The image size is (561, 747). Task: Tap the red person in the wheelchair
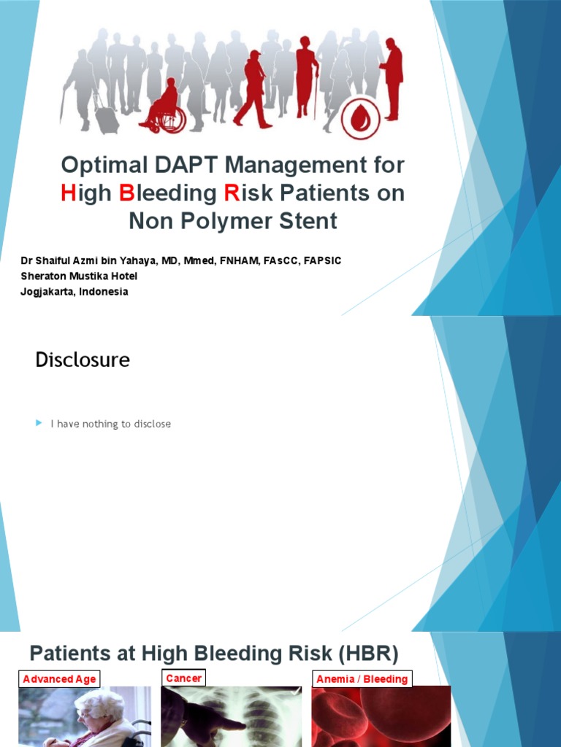tap(164, 107)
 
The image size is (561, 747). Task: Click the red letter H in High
tap(69, 193)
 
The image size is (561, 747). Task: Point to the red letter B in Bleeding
tap(127, 193)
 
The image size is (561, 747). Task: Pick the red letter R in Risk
tap(232, 193)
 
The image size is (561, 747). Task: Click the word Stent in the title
tap(307, 220)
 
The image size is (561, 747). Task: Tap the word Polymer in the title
tap(224, 220)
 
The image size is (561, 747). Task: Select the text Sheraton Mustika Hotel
tap(79, 276)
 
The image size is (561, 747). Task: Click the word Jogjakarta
tap(46, 291)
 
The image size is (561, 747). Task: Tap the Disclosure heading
tap(83, 359)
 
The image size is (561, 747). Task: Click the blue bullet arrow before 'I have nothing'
tap(39, 423)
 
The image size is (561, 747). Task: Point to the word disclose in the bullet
tap(153, 424)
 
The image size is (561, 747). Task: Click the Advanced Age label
tap(59, 679)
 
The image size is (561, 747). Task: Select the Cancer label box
tap(183, 678)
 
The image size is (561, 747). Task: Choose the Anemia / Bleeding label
tap(362, 679)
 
